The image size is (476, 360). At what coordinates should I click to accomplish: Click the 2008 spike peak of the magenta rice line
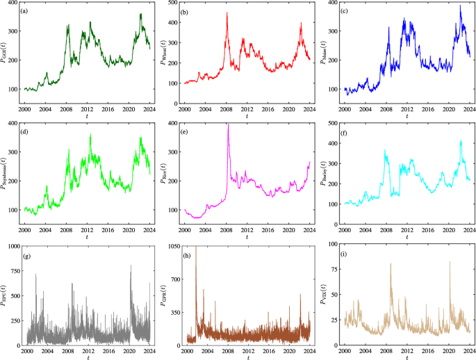coord(228,124)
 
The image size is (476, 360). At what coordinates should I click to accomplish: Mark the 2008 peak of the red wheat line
coord(227,13)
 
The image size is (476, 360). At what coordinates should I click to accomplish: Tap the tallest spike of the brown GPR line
coord(195,247)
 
